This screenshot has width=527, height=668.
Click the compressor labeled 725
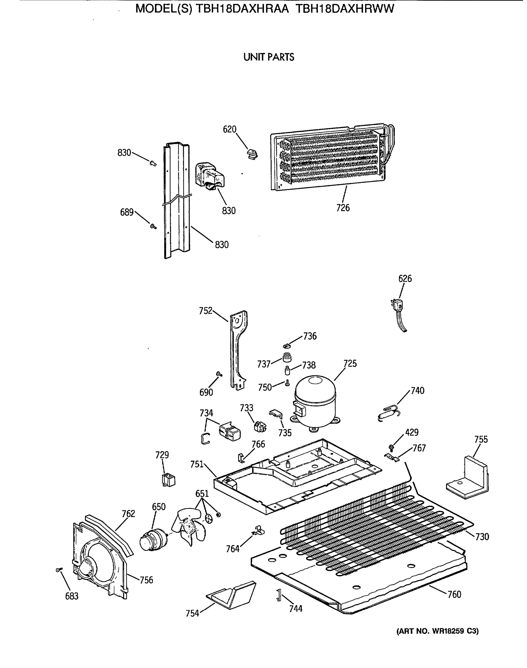coord(315,401)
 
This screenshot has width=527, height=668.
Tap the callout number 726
coord(343,208)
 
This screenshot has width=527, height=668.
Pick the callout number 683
coord(72,596)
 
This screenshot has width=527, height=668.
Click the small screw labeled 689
coord(153,227)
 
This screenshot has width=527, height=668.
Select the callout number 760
coord(454,594)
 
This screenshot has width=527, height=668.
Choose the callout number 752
coord(205,311)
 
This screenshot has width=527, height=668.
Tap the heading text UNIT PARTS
coord(268,57)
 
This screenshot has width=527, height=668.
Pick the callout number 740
coord(418,391)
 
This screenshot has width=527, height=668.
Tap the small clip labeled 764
coord(259,531)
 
